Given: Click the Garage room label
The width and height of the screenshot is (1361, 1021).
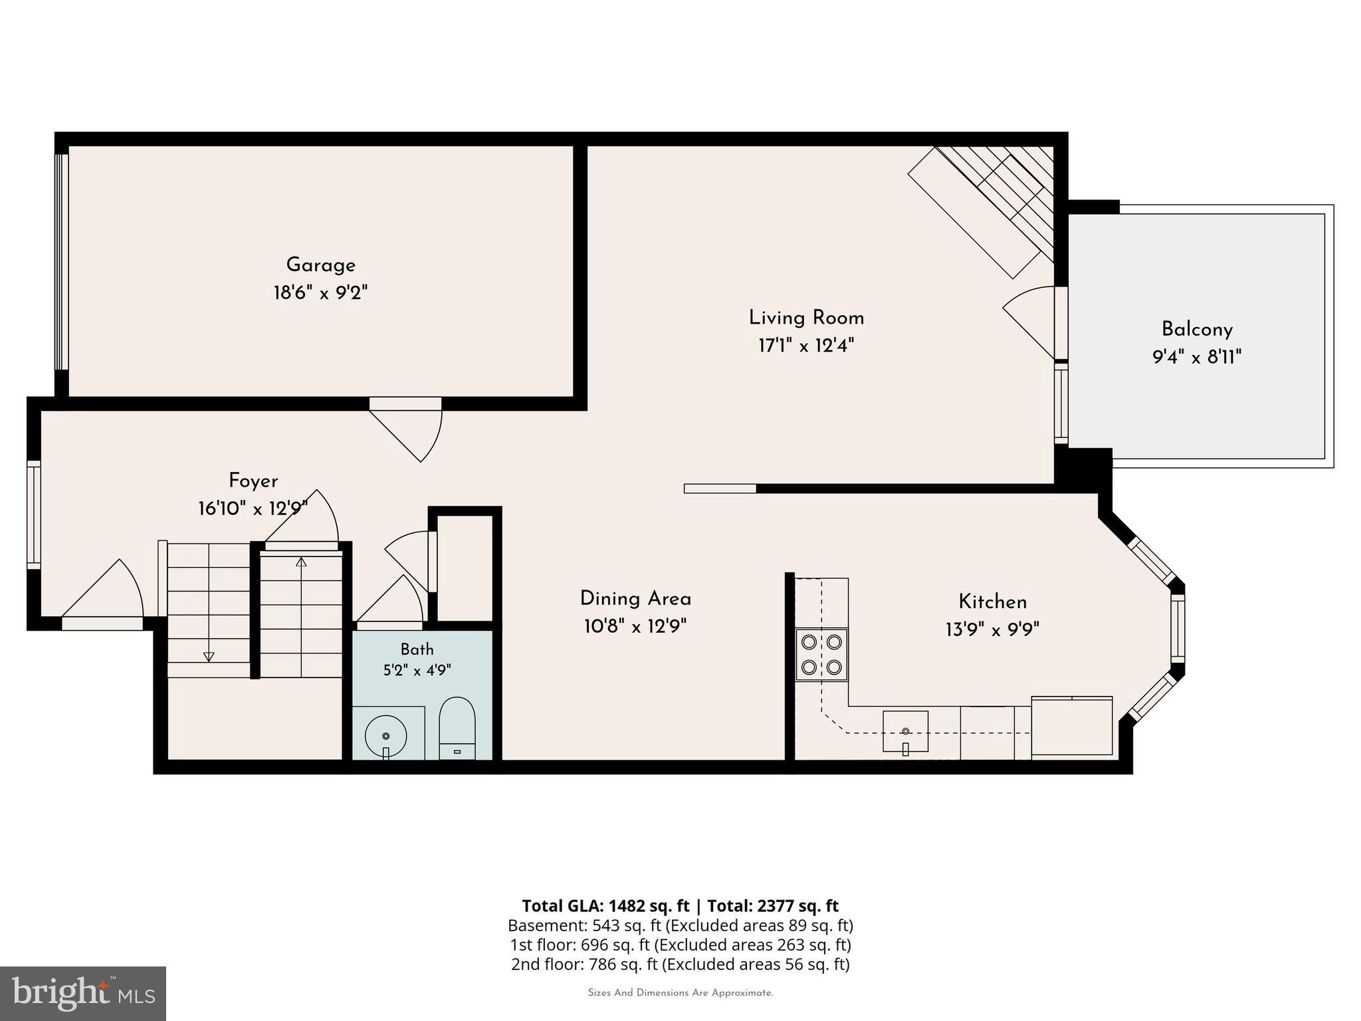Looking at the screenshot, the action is pos(321,265).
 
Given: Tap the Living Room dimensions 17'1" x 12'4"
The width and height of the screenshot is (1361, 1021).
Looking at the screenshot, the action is pos(806,346).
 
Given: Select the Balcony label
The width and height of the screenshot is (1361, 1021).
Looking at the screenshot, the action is pos(1197,330).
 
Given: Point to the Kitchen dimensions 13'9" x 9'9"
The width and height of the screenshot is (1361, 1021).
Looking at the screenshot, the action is pos(992,629).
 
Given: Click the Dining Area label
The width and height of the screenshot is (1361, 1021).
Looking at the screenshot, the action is pos(635,599).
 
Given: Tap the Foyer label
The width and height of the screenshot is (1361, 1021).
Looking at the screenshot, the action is pos(253,481).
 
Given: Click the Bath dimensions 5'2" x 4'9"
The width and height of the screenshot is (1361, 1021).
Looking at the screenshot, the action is pos(417,670).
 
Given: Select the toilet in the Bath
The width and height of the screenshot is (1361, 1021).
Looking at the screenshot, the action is pos(457,728).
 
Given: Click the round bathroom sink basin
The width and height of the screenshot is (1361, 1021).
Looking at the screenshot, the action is pos(386,736).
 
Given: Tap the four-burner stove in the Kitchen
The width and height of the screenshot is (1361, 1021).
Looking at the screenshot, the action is pos(822,654).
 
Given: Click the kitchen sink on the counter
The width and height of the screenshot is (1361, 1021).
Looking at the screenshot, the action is pos(905,732).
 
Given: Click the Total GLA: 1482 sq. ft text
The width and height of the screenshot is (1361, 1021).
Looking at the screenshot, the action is pos(605,906).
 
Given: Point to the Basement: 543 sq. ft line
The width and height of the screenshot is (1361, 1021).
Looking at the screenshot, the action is pos(680,925).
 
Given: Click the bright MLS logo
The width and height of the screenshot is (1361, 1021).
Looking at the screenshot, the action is pos(83,993).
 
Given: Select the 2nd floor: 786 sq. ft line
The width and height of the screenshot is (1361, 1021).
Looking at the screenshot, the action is pos(680,964).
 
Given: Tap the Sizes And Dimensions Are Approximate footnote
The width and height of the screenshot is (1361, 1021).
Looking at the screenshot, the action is pos(680,993).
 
